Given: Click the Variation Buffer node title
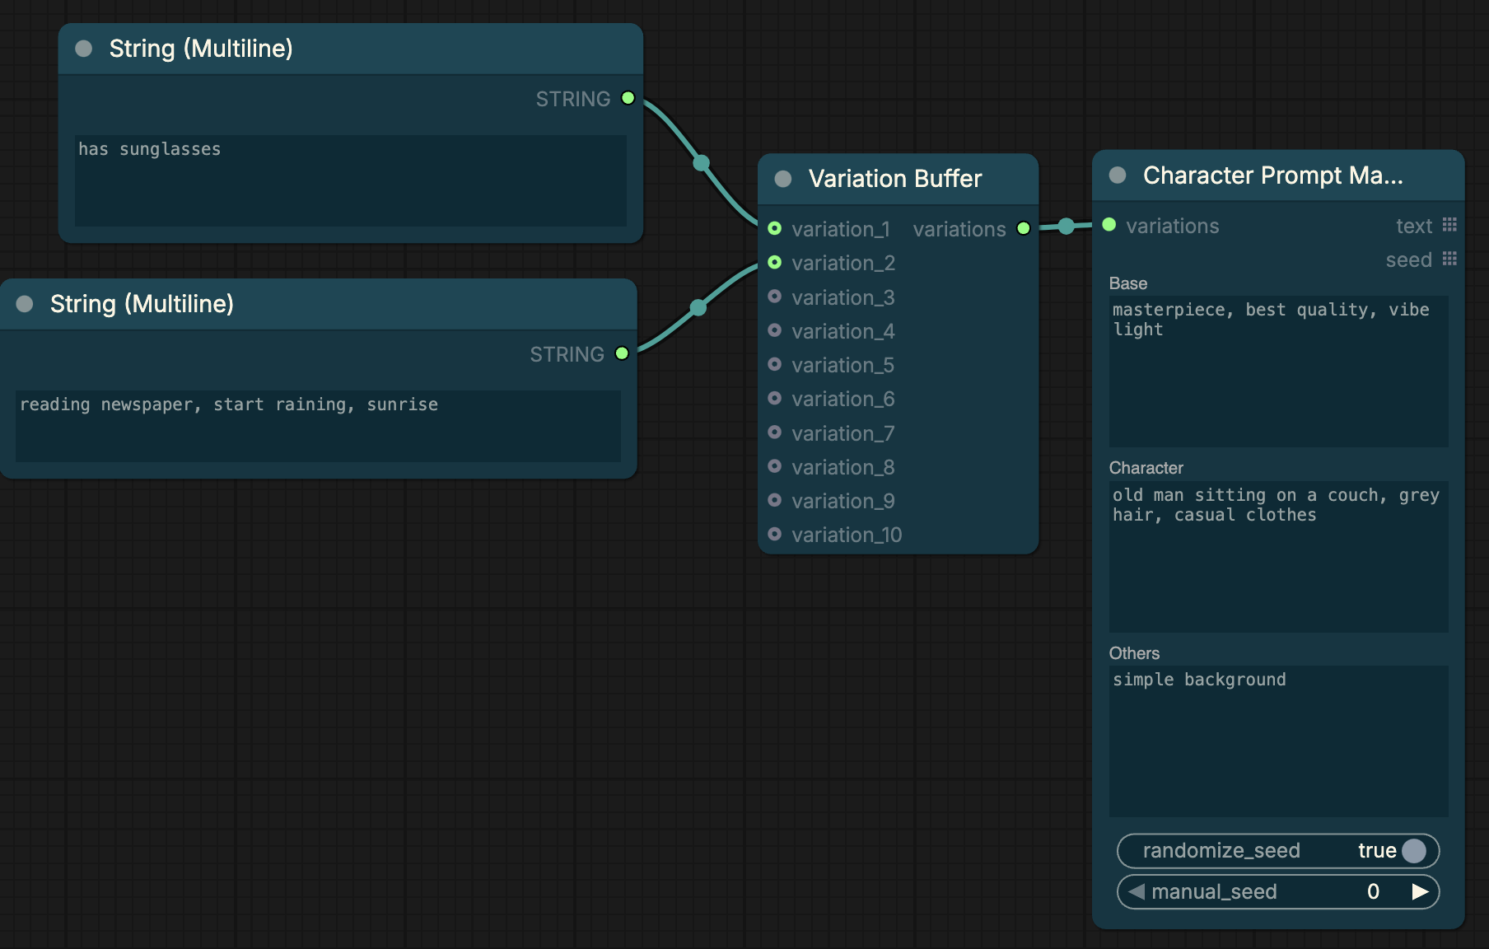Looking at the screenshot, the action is [x=894, y=179].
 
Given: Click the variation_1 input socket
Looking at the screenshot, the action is [x=774, y=228].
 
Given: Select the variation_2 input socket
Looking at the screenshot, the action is [x=774, y=262].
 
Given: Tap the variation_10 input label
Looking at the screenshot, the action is [x=847, y=535].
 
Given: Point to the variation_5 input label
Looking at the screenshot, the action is [x=843, y=365].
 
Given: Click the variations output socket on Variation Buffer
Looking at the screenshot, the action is [x=1023, y=228].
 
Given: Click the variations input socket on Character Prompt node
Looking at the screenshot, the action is [x=1109, y=225].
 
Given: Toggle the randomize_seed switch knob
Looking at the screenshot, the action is [x=1413, y=850].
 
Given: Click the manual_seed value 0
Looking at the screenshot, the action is [x=1373, y=891].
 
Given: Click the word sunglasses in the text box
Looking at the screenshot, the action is [x=170, y=149].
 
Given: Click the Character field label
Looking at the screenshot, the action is [x=1146, y=468].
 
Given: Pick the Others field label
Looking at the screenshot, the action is [x=1134, y=653].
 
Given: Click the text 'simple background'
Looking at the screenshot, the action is [x=1199, y=680].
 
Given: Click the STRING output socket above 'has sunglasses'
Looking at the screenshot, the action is [x=628, y=98].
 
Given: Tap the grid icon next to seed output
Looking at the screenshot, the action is [x=1449, y=259].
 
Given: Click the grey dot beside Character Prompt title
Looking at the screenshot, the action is [x=1118, y=175].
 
